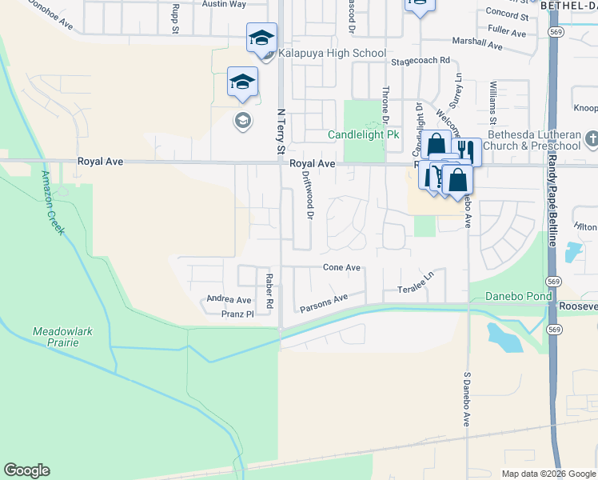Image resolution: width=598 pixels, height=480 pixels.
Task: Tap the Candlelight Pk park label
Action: click(364, 135)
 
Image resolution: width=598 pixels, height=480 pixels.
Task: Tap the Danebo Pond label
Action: click(518, 297)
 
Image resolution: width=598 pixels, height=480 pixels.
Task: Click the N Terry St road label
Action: click(280, 133)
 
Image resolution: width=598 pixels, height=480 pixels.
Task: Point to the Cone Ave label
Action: click(342, 267)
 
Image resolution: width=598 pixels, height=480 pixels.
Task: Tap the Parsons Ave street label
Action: click(324, 303)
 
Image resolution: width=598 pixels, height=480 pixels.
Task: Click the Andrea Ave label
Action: click(229, 299)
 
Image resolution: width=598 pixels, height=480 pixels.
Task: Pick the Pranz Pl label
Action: click(237, 314)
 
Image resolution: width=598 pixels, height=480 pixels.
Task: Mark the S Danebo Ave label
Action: click(468, 398)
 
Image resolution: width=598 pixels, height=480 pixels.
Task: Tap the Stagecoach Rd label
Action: click(421, 61)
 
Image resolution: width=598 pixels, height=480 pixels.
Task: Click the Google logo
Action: click(26, 470)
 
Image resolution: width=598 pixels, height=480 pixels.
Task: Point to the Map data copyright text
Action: click(548, 474)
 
